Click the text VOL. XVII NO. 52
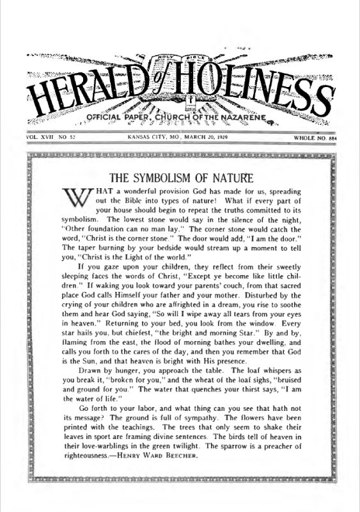click(47, 136)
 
